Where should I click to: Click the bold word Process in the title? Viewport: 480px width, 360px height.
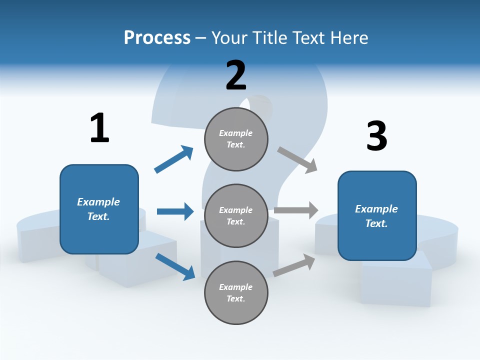point(157,37)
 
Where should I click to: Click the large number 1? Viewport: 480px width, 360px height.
point(99,128)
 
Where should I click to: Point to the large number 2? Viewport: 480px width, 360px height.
point(236,75)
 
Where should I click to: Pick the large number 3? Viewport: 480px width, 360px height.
point(376,136)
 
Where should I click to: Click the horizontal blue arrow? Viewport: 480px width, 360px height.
point(175,211)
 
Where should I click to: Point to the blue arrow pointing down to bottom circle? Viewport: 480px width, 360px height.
point(175,266)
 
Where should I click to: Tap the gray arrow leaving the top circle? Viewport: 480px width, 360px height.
point(297,159)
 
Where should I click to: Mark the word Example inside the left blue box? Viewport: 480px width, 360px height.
point(98,202)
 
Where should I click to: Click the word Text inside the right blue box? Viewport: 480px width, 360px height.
point(376,223)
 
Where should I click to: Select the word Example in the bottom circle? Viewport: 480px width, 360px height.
point(236,287)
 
